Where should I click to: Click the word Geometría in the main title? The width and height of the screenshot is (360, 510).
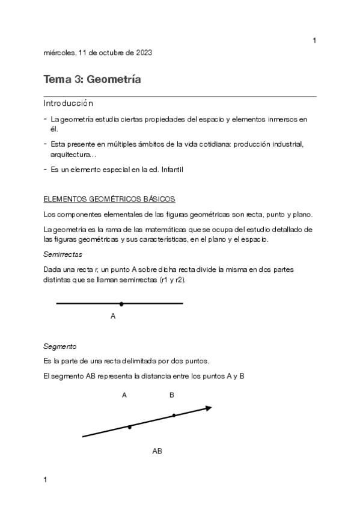pyautogui.click(x=114, y=79)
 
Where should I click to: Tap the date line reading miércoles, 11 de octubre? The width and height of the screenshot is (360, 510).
pyautogui.click(x=97, y=52)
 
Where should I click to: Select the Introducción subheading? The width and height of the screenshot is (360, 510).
pyautogui.click(x=69, y=103)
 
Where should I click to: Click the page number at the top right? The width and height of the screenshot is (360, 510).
pyautogui.click(x=314, y=40)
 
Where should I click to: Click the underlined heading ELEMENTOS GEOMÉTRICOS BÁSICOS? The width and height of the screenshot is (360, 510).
pyautogui.click(x=109, y=199)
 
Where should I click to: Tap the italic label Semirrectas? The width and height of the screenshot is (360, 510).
pyautogui.click(x=63, y=254)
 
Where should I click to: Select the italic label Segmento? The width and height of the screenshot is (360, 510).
pyautogui.click(x=60, y=346)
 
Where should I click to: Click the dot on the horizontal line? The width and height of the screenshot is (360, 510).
pyautogui.click(x=121, y=304)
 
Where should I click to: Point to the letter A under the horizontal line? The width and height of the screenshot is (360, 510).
pyautogui.click(x=113, y=316)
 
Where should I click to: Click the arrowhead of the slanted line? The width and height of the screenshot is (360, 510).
pyautogui.click(x=208, y=408)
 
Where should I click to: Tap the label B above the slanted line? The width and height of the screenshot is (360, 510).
pyautogui.click(x=172, y=395)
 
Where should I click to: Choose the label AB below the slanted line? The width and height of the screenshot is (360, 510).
pyautogui.click(x=157, y=450)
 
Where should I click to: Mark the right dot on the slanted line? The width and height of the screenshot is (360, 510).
pyautogui.click(x=174, y=415)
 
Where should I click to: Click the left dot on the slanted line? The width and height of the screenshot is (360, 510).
pyautogui.click(x=130, y=426)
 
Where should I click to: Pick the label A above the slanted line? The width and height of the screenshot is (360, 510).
pyautogui.click(x=124, y=395)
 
